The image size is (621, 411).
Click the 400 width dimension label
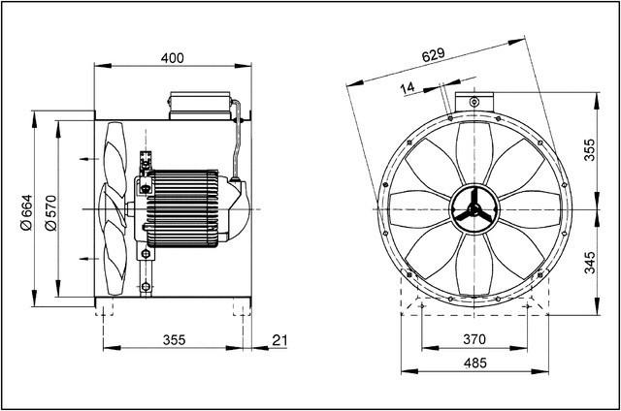(171, 59)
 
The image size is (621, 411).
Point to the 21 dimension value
(280, 339)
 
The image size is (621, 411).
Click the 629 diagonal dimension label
(434, 55)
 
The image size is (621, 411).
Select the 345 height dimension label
(589, 262)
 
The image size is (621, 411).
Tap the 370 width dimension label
(473, 339)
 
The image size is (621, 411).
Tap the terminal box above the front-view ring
(473, 101)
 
